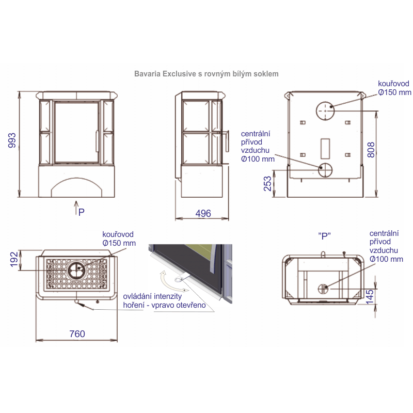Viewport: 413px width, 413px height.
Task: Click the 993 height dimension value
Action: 12,140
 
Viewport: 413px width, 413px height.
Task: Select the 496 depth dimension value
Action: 203,213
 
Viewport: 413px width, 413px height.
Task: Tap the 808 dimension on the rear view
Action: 371,150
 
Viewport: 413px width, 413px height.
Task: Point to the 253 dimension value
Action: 267,184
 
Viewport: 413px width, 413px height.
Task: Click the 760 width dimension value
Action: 77,334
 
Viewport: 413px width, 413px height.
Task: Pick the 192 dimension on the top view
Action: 14,260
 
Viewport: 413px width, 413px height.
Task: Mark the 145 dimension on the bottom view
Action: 370,297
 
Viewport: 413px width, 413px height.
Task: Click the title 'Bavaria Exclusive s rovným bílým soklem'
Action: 206,74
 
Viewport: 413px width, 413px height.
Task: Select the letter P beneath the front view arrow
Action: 82,212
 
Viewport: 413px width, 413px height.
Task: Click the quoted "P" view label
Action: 324,236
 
